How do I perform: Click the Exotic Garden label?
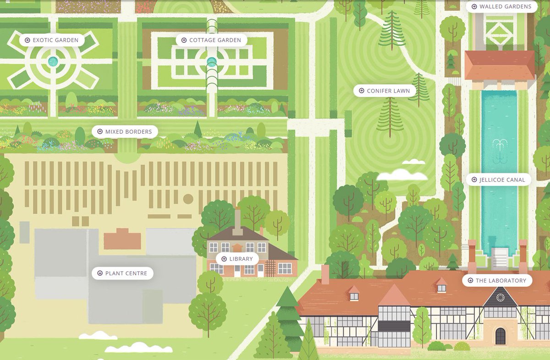coord(52,40)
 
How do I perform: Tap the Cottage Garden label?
coord(211,40)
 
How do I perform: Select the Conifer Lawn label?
coord(385,91)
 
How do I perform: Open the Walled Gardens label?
coord(501,6)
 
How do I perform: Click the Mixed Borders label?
coord(125,132)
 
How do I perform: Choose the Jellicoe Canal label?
coord(498,180)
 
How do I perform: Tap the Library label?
coord(237,259)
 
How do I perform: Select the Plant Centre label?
coord(122,273)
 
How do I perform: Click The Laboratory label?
coord(497,280)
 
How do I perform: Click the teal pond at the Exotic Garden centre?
coord(53,60)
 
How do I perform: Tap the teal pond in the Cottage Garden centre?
coord(211,61)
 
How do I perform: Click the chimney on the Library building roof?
coord(237,219)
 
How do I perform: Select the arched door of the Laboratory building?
coord(500,336)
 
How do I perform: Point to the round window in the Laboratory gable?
coord(500,298)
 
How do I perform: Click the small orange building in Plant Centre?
coord(122,240)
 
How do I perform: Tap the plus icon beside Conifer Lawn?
coord(361,91)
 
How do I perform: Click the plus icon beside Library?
coord(224,259)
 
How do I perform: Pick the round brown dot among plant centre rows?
coord(188,199)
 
